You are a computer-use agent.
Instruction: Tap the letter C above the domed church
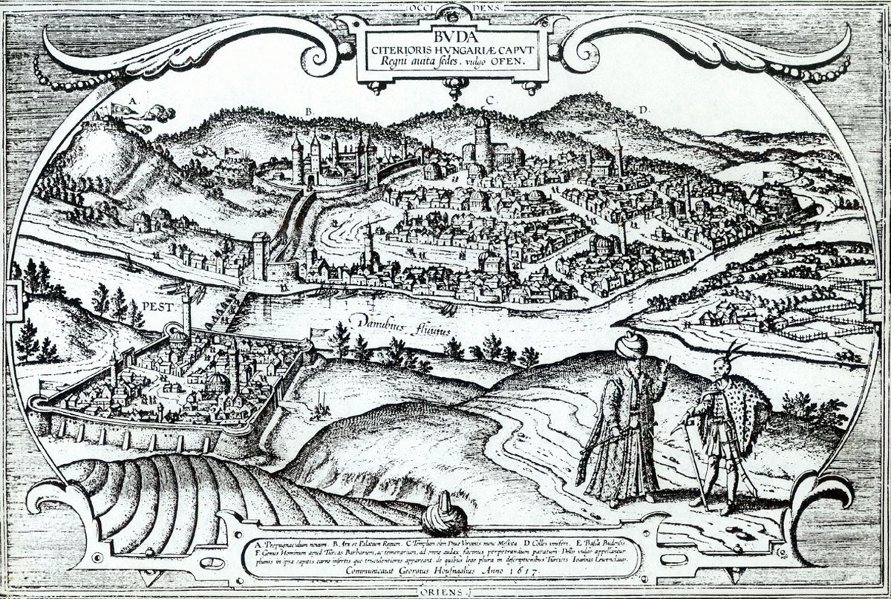click(489, 99)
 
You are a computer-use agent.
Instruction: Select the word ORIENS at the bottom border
click(446, 592)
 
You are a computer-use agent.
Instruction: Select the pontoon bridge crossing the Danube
click(223, 312)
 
